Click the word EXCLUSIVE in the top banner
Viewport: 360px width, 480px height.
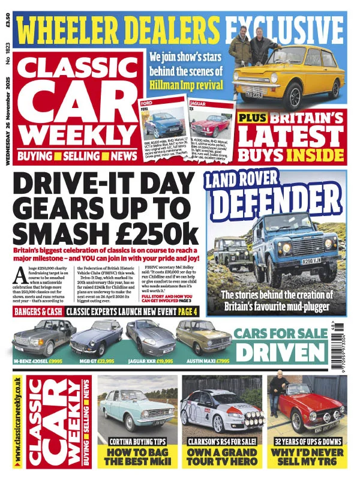tap(284, 29)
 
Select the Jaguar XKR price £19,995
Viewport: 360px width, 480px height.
tap(163, 361)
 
